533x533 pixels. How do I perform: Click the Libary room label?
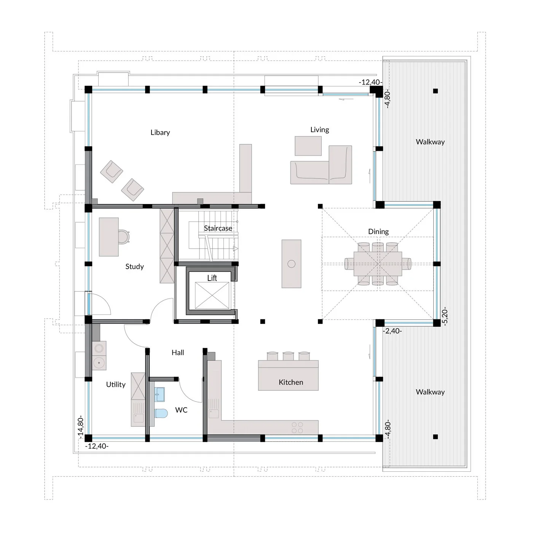(160, 132)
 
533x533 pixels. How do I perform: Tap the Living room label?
(319, 130)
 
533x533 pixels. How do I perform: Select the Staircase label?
(218, 228)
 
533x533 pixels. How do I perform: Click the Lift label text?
(212, 278)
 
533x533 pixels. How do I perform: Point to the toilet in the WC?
(161, 413)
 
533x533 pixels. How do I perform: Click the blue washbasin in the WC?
(160, 394)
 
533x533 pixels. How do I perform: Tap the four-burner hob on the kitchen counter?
(297, 428)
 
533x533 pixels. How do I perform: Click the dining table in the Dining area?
(378, 263)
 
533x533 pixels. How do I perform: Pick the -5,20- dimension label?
(445, 316)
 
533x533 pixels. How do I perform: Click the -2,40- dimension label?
(393, 331)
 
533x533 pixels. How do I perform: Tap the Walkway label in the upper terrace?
(430, 142)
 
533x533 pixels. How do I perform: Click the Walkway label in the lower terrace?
(430, 392)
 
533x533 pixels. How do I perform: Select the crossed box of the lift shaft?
(212, 295)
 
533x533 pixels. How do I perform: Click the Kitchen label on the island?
(291, 382)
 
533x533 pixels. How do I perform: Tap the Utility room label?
(116, 385)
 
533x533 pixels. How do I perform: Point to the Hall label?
(178, 353)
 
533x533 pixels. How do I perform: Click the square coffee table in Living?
(308, 146)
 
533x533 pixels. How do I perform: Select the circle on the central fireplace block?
(292, 264)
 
